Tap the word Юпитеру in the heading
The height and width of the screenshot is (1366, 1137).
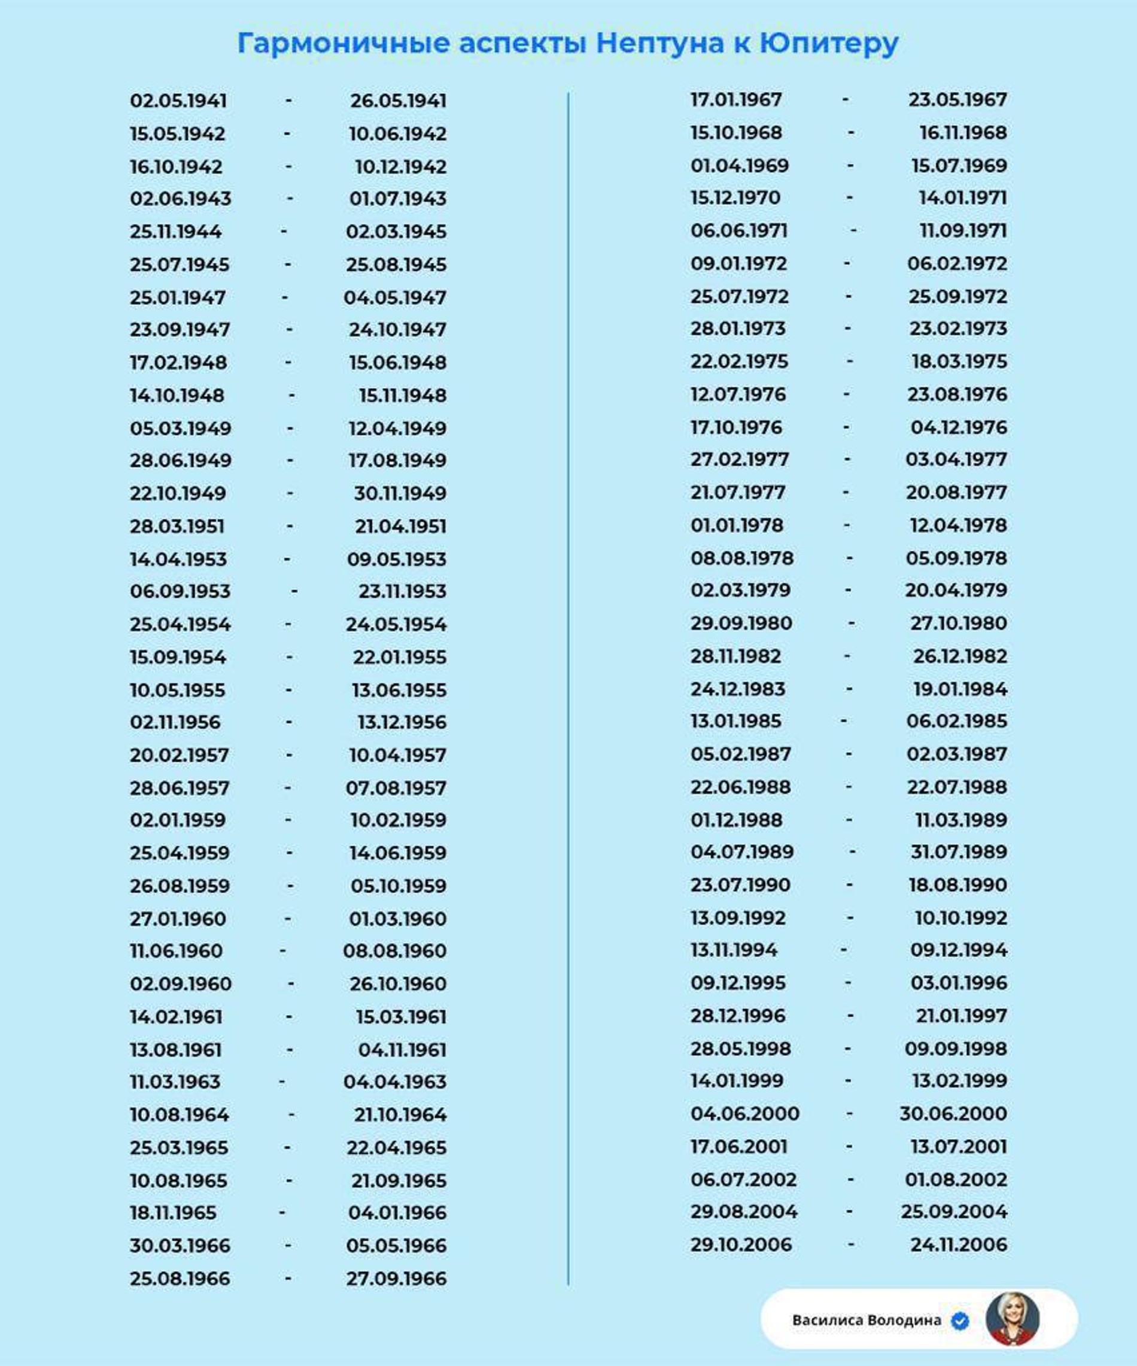pos(829,44)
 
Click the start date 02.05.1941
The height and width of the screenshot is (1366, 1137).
pos(178,101)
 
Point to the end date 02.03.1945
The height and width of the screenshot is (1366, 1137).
pos(396,232)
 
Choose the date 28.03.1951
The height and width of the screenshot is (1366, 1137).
pos(177,526)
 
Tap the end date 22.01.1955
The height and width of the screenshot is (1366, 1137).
pos(400,657)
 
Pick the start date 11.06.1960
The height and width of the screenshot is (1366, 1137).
pos(176,950)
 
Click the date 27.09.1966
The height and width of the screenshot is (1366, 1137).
pos(396,1278)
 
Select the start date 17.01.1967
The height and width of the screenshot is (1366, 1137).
pos(736,99)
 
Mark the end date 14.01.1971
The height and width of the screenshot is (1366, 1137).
pos(962,198)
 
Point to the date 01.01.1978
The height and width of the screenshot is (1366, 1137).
pos(737,525)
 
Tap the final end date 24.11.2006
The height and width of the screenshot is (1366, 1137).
pos(958,1244)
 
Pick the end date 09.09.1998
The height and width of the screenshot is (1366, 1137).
pos(956,1049)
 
